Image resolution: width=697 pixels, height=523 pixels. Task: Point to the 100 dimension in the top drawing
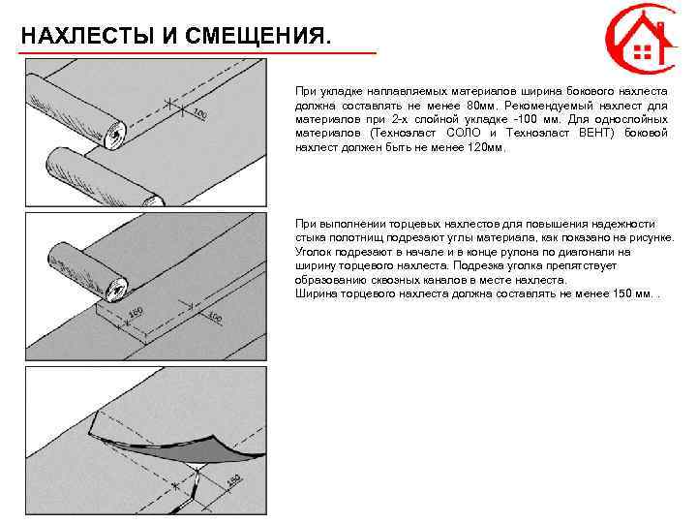pyautogui.click(x=199, y=115)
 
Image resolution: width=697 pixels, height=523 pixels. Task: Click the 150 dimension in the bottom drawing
pyautogui.click(x=232, y=481)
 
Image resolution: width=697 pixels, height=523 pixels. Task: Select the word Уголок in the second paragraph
pyautogui.click(x=313, y=251)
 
